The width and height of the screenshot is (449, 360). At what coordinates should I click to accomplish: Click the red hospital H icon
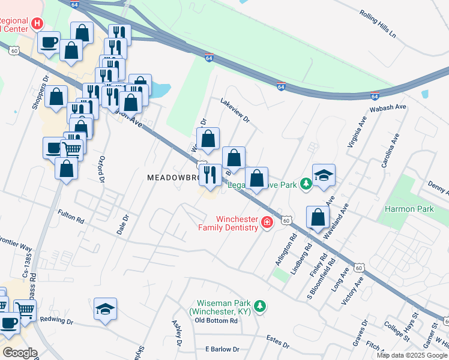point(37,23)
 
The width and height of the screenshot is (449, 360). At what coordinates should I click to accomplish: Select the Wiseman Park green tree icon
point(260,307)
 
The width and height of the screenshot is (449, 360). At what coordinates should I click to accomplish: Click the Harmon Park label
point(409,209)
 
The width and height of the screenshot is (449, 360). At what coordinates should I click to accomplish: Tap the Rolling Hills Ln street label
point(378,25)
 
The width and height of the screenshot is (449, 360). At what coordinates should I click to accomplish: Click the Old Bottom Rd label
point(217,320)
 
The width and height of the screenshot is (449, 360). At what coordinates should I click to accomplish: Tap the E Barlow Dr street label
point(222,349)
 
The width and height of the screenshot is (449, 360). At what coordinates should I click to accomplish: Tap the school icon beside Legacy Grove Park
point(324,175)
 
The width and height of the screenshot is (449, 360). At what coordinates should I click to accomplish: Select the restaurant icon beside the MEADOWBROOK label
point(209,175)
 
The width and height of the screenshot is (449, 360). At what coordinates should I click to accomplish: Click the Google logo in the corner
point(20,352)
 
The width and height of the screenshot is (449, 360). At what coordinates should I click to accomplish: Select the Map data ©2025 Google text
point(412,355)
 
